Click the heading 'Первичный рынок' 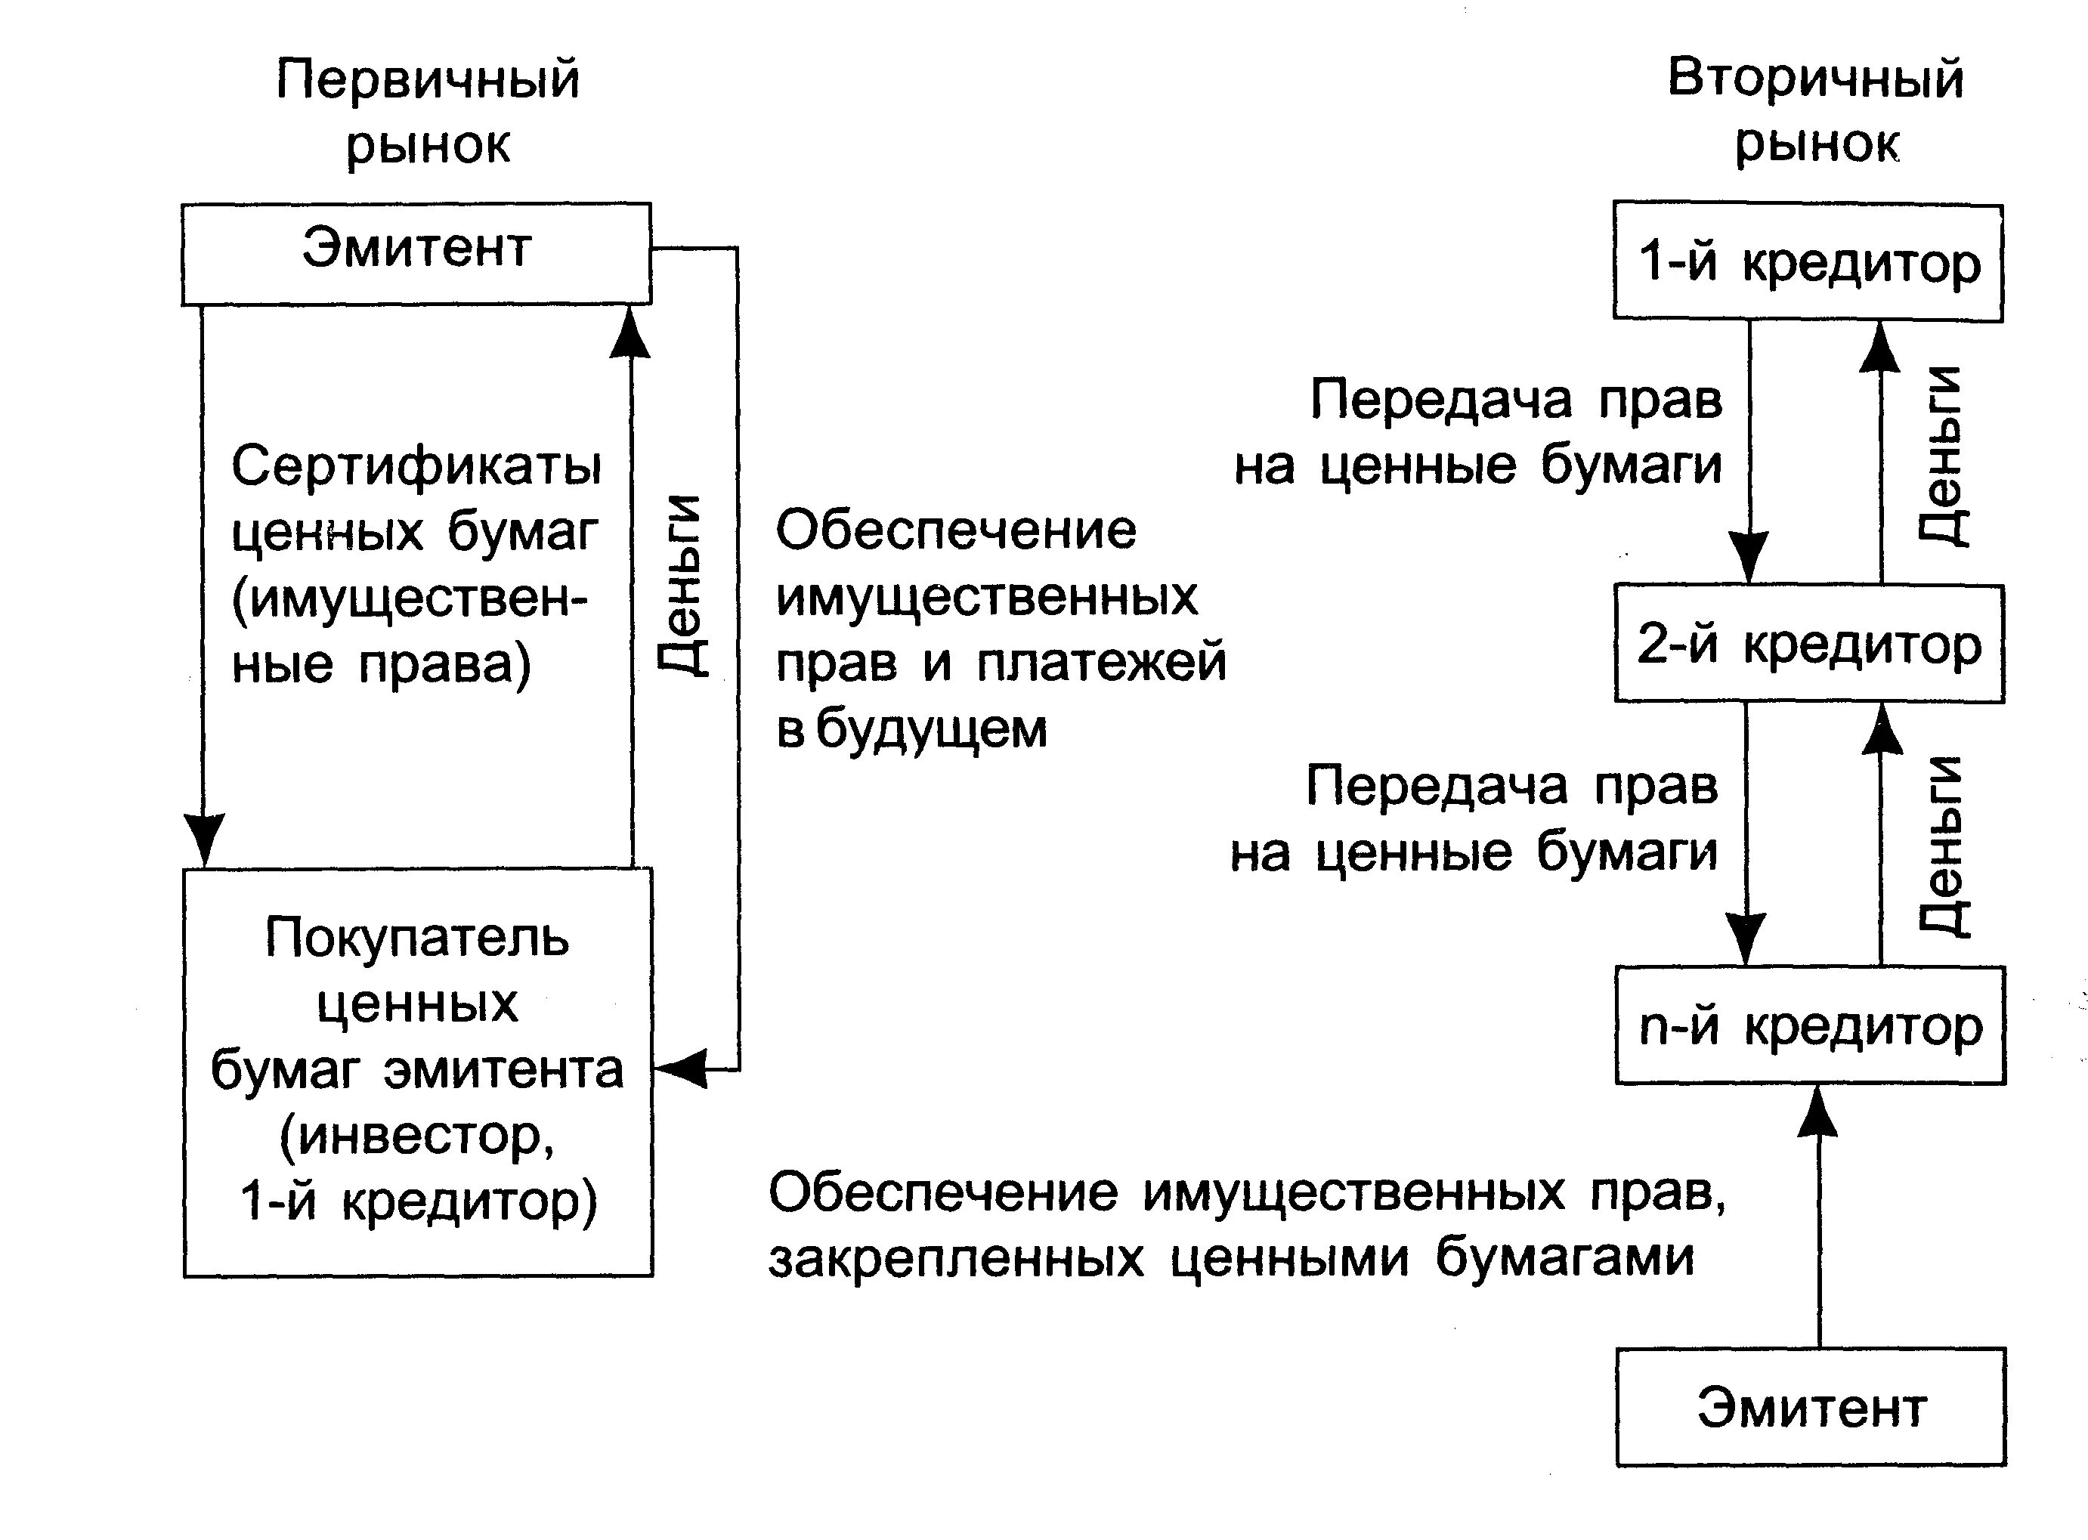[x=428, y=110]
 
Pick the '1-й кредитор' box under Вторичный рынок [x=1808, y=262]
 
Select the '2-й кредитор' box [x=1808, y=643]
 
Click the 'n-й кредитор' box [x=1809, y=1025]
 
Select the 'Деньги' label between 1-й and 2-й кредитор [x=1943, y=456]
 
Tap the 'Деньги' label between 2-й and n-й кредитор [x=1943, y=846]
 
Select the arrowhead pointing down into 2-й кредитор [x=1749, y=556]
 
